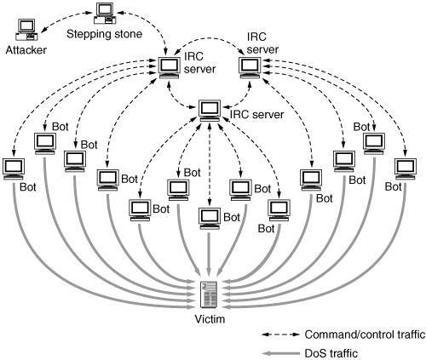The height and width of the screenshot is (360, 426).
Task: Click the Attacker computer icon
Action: (x=27, y=30)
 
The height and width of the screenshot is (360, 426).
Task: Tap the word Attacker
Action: (x=26, y=50)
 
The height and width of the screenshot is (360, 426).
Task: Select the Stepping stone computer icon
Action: (x=105, y=14)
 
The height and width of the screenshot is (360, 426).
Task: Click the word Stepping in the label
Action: (x=89, y=34)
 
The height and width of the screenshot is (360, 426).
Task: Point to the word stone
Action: (x=128, y=34)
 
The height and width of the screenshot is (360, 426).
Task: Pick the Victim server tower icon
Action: (x=209, y=294)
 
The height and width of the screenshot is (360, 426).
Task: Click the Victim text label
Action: (x=210, y=319)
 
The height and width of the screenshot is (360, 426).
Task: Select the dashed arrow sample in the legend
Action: (x=280, y=334)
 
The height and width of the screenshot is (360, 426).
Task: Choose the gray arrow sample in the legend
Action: (x=280, y=353)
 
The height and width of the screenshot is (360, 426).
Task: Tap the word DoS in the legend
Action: (x=314, y=353)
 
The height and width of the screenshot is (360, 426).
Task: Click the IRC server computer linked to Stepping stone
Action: (x=170, y=68)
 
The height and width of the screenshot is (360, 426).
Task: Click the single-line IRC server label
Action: (x=256, y=115)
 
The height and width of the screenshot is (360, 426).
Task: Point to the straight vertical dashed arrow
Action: (x=210, y=163)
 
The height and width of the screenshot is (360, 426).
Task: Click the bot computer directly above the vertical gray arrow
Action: (x=210, y=219)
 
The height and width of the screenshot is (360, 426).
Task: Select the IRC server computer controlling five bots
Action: (x=210, y=111)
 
